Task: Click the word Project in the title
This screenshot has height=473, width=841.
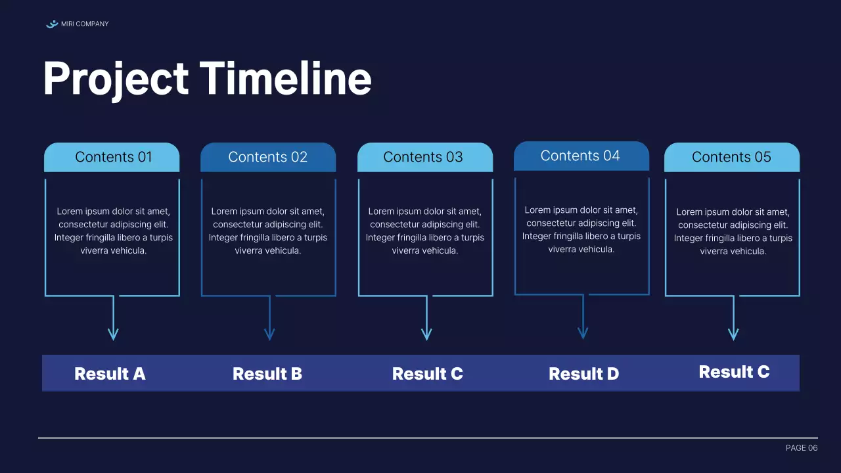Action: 116,79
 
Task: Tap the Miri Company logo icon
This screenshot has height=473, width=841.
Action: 52,24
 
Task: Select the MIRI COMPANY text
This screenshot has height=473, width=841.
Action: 85,24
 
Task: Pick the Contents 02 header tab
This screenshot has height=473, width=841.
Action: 267,157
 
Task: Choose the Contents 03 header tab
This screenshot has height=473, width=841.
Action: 424,157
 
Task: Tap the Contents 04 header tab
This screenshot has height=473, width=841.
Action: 581,156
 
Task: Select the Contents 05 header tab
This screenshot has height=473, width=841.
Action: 731,157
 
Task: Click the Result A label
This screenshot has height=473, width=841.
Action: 110,374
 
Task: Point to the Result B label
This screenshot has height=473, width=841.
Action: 267,374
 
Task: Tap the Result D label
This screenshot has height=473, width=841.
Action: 583,374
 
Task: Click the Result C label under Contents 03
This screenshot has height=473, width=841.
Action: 427,374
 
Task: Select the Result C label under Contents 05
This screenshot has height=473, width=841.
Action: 734,372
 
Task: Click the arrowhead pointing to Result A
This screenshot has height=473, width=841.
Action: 113,334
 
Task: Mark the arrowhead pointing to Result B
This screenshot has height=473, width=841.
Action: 269,334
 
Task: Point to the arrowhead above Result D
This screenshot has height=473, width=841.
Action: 583,333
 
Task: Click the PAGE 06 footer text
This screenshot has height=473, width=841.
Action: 801,448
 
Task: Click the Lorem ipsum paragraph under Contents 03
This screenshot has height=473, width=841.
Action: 425,231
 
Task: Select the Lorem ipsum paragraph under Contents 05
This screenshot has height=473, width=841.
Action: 733,231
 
